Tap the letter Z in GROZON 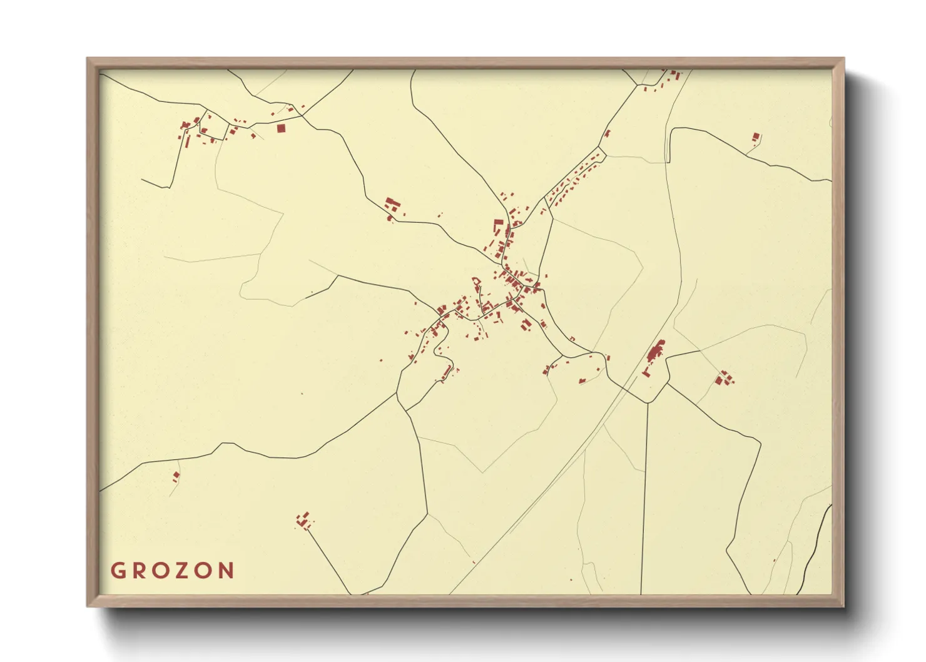181,571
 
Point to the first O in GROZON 160,571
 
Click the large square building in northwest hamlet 281,128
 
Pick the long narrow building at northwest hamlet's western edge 186,139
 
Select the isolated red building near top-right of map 756,137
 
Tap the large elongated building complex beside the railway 656,352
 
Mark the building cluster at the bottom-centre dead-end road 305,519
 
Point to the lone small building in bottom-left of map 176,476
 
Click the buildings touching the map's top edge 674,75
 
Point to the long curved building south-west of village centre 447,372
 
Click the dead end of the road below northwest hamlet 142,179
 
